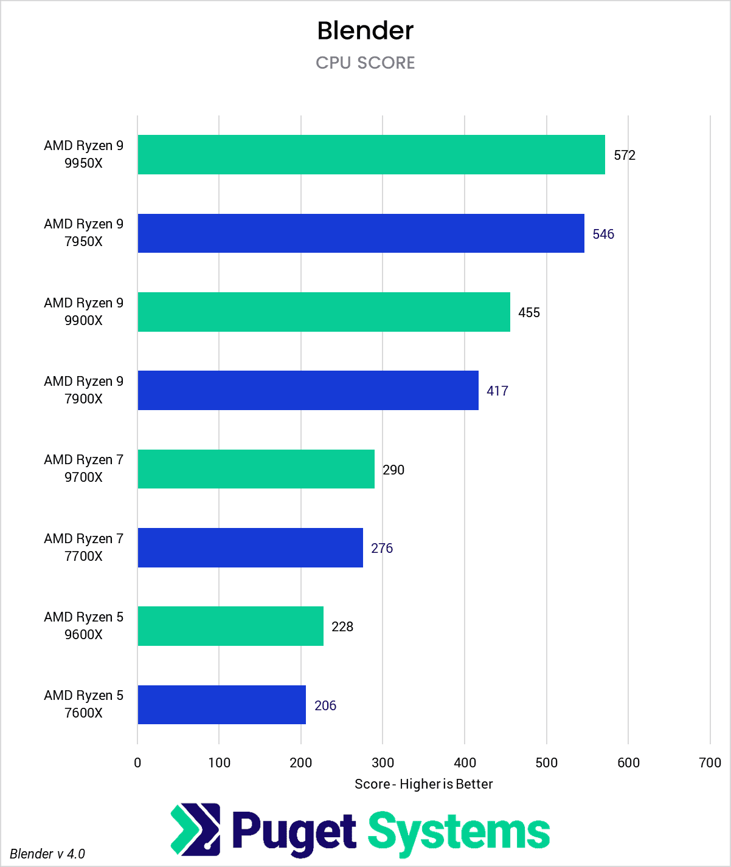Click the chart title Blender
point(365,30)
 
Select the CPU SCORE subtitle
point(365,63)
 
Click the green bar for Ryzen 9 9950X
point(371,155)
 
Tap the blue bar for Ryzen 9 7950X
point(361,233)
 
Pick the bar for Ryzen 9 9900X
point(324,312)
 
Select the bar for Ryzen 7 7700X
point(250,547)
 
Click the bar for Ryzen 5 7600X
point(221,705)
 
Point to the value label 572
point(625,155)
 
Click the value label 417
point(497,391)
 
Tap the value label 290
point(393,470)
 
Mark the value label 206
point(325,705)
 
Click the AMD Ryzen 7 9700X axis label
point(83,468)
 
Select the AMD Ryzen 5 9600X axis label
point(83,626)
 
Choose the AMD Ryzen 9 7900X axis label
point(83,390)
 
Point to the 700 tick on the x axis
point(710,762)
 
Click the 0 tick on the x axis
point(137,762)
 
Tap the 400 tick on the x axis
point(465,762)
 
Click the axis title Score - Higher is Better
point(424,784)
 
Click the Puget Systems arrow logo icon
point(195,828)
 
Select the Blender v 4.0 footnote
point(47,854)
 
